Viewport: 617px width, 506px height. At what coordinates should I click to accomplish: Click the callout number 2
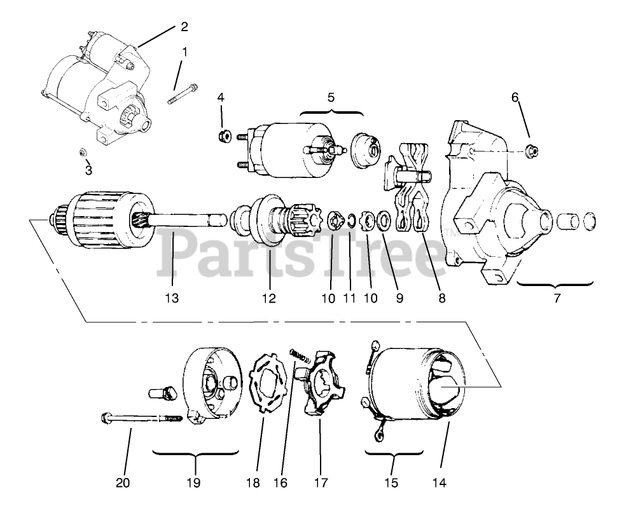tap(184, 27)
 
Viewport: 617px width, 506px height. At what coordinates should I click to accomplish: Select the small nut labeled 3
tap(83, 152)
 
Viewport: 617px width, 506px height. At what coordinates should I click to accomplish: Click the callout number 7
tap(557, 297)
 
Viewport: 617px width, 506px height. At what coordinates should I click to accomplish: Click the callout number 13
tap(174, 297)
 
